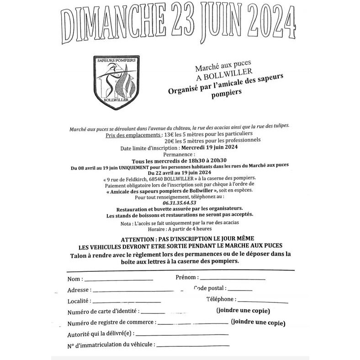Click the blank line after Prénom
[233, 278]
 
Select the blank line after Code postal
[240, 290]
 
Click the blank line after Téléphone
[263, 302]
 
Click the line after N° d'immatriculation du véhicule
[192, 345]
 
